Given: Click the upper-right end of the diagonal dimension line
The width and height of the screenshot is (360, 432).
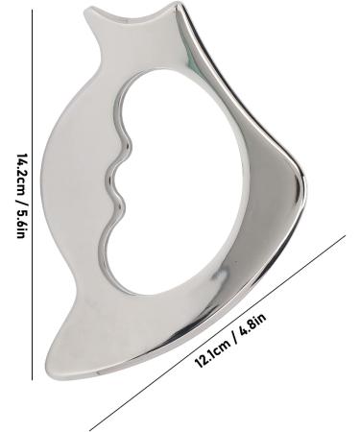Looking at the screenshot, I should click(x=345, y=235).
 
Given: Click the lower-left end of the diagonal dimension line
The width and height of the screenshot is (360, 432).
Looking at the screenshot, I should click(x=90, y=429).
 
